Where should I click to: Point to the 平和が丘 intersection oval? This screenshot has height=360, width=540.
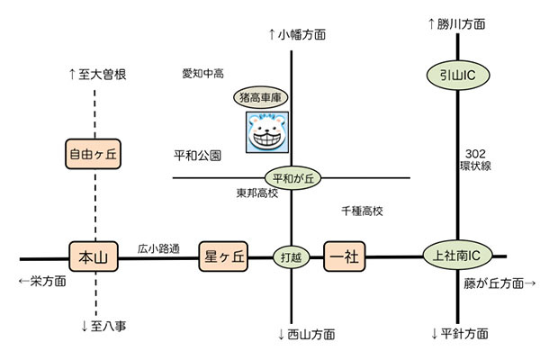(x=292, y=178)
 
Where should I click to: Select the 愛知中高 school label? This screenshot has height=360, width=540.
(x=202, y=72)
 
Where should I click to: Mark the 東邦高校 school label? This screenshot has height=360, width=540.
(x=259, y=193)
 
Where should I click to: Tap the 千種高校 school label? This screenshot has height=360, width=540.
(x=362, y=211)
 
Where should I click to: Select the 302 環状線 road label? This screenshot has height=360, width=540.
(x=478, y=159)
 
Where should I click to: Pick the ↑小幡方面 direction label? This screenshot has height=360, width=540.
(x=297, y=34)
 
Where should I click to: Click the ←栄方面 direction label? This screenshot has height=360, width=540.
(x=42, y=281)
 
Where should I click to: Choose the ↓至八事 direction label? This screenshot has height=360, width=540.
(x=103, y=326)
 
